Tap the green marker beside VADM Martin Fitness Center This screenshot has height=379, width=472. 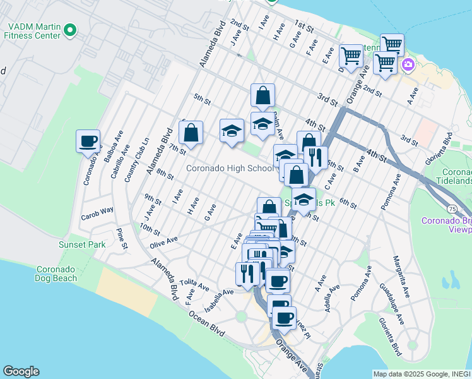point(71,29)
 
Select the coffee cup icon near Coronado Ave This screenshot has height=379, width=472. point(88,141)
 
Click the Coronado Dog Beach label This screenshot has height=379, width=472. point(56,273)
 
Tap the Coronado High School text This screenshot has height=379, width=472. point(230,168)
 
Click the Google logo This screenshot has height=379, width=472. point(21,371)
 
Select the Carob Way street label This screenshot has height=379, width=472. point(97,210)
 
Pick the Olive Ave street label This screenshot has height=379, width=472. point(164,241)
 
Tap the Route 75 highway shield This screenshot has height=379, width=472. point(452,208)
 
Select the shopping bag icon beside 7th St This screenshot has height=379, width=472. point(191,133)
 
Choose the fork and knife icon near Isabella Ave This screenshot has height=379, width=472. point(245,272)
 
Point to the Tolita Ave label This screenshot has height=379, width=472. point(194,284)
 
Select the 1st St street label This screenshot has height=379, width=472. point(304,26)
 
